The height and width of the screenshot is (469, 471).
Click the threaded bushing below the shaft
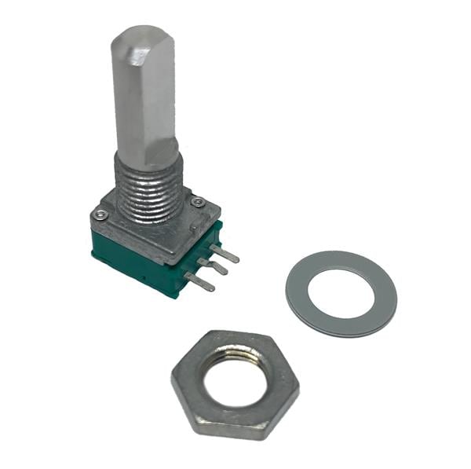coord(149,189)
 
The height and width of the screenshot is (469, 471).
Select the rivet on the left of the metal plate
coord(100,214)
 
